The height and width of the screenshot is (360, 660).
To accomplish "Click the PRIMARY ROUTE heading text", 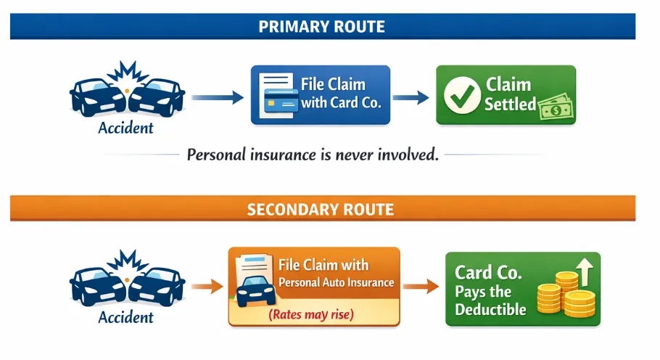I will pos(321,27).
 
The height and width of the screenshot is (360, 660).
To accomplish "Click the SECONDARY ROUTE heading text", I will pos(321,210).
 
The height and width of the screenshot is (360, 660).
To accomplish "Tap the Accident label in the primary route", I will pos(126,128).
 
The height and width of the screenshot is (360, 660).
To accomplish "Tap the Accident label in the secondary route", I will pos(126,317).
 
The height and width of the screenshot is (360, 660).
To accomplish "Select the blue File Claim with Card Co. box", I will pos(320,95).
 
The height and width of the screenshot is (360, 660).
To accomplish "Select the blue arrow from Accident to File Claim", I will pos(217,96).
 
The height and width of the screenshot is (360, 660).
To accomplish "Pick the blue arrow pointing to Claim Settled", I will pos(411,97).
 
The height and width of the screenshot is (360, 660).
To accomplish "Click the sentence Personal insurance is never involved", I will pos(313,155).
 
